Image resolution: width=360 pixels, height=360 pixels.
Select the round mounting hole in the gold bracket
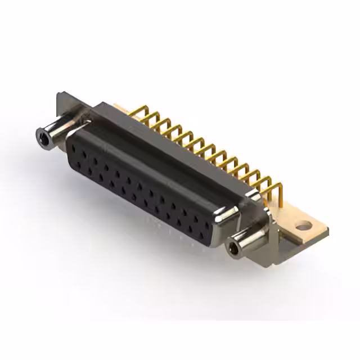304,227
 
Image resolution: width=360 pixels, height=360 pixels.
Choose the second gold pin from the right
267,185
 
